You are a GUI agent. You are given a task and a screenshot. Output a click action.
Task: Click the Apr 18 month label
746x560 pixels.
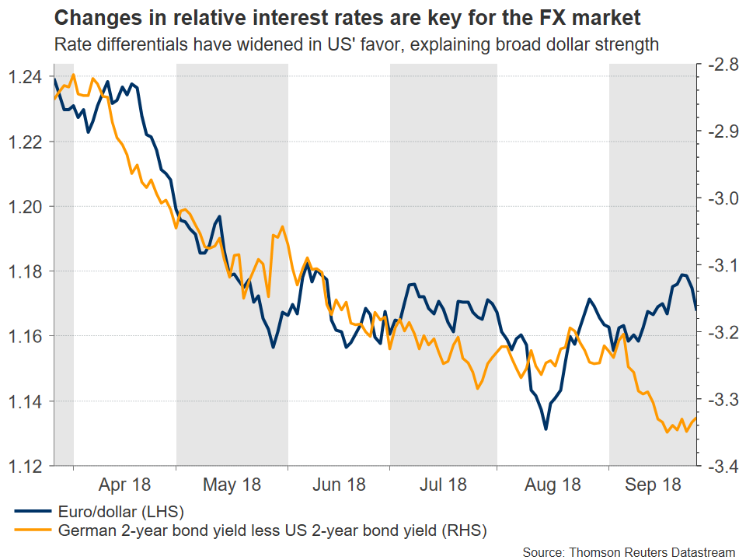[124, 485]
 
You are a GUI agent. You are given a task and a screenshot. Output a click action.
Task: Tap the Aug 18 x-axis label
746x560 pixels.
[553, 485]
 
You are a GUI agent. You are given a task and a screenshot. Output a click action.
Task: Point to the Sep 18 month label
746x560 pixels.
[654, 485]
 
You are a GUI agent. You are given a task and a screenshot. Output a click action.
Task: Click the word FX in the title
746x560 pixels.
[555, 18]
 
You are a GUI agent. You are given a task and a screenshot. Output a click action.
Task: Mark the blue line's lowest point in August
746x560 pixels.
[546, 429]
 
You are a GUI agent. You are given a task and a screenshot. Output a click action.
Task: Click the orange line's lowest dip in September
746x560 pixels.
[668, 432]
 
